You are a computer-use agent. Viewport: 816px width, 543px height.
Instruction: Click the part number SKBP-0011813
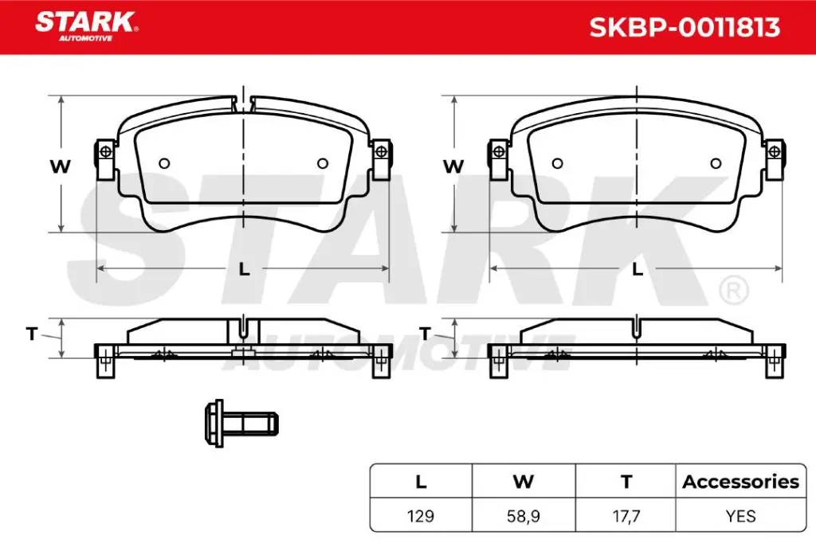point(684,28)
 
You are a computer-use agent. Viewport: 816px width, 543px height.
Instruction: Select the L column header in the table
point(421,482)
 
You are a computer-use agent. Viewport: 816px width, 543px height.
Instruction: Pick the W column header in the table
point(524,482)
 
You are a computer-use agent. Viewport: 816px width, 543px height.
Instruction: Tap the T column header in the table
point(626,482)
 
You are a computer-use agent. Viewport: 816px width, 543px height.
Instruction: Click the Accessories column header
point(740,482)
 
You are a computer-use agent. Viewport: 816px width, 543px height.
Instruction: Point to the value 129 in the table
point(421,516)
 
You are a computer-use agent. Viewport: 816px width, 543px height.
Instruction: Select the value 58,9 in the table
point(524,516)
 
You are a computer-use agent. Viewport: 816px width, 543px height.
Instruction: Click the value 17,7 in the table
point(626,516)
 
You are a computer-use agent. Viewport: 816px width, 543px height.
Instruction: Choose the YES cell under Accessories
point(740,516)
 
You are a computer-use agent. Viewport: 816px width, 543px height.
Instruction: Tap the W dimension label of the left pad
point(61,166)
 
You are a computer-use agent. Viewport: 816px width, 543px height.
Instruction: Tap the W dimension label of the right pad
point(453,166)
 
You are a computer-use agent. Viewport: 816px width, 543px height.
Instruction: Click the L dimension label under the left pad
point(245,269)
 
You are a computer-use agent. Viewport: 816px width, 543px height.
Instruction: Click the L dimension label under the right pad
point(637,269)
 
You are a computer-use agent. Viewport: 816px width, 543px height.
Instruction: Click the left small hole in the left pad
point(164,163)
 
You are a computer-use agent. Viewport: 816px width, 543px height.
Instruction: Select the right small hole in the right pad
point(716,163)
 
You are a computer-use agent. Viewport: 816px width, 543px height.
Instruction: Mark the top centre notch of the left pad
point(244,103)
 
